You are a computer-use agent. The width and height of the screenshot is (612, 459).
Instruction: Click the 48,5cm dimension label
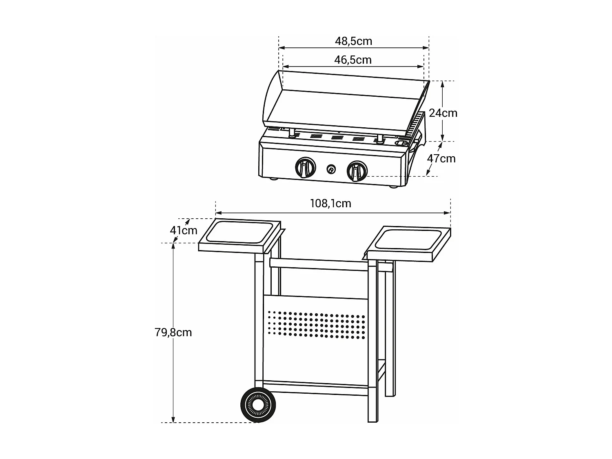(x=353, y=41)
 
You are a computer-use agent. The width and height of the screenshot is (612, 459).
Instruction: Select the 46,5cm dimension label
(x=353, y=60)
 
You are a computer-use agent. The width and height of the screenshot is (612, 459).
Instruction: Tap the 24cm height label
(x=443, y=113)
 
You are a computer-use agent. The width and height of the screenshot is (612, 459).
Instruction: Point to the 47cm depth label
(x=441, y=158)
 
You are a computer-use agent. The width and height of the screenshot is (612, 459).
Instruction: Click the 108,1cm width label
(x=330, y=203)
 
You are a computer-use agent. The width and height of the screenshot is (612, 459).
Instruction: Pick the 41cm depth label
(x=184, y=231)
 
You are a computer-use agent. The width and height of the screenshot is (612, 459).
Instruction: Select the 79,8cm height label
(x=173, y=332)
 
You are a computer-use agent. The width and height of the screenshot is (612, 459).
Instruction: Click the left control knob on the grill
(x=305, y=168)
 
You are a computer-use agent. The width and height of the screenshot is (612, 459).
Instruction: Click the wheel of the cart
(x=258, y=404)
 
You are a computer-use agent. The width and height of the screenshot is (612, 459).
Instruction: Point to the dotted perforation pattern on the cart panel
(x=316, y=325)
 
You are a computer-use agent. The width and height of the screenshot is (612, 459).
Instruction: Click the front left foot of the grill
(x=273, y=178)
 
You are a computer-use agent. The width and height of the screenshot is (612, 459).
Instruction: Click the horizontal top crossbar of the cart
(x=318, y=264)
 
